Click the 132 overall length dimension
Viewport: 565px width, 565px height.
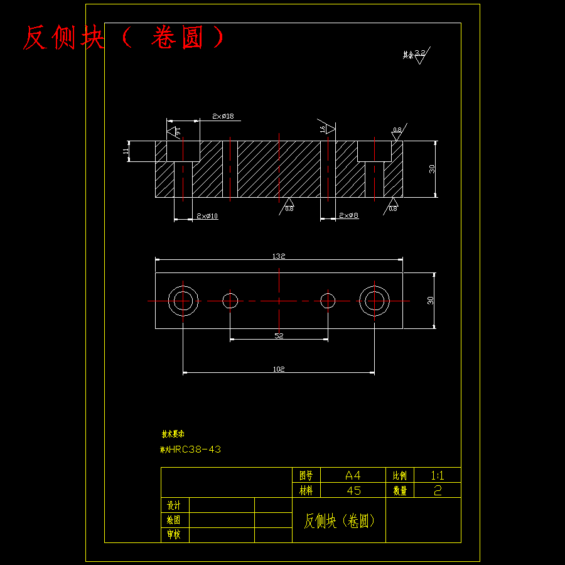pos(279,256)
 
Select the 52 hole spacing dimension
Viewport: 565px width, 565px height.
pos(279,336)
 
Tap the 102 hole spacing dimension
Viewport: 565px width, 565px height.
pos(279,369)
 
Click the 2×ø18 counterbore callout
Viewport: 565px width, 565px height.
pos(223,116)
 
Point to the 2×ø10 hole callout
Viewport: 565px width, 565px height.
pos(207,216)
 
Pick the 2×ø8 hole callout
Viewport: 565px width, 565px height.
pos(349,215)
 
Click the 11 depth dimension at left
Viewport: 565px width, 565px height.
pos(126,151)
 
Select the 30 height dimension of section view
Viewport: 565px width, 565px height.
pos(432,169)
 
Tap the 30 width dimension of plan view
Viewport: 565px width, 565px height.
pos(431,300)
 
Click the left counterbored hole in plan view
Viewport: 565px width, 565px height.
pos(183,301)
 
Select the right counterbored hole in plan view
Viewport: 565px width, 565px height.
pos(375,301)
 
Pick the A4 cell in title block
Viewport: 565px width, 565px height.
pos(353,475)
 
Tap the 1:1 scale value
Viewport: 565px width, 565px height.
pos(438,475)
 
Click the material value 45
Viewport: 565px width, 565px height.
pos(353,491)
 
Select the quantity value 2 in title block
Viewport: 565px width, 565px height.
pos(438,491)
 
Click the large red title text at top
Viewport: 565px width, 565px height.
pos(123,38)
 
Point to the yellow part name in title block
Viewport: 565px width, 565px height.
pos(339,521)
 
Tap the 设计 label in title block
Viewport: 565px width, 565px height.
pos(174,505)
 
